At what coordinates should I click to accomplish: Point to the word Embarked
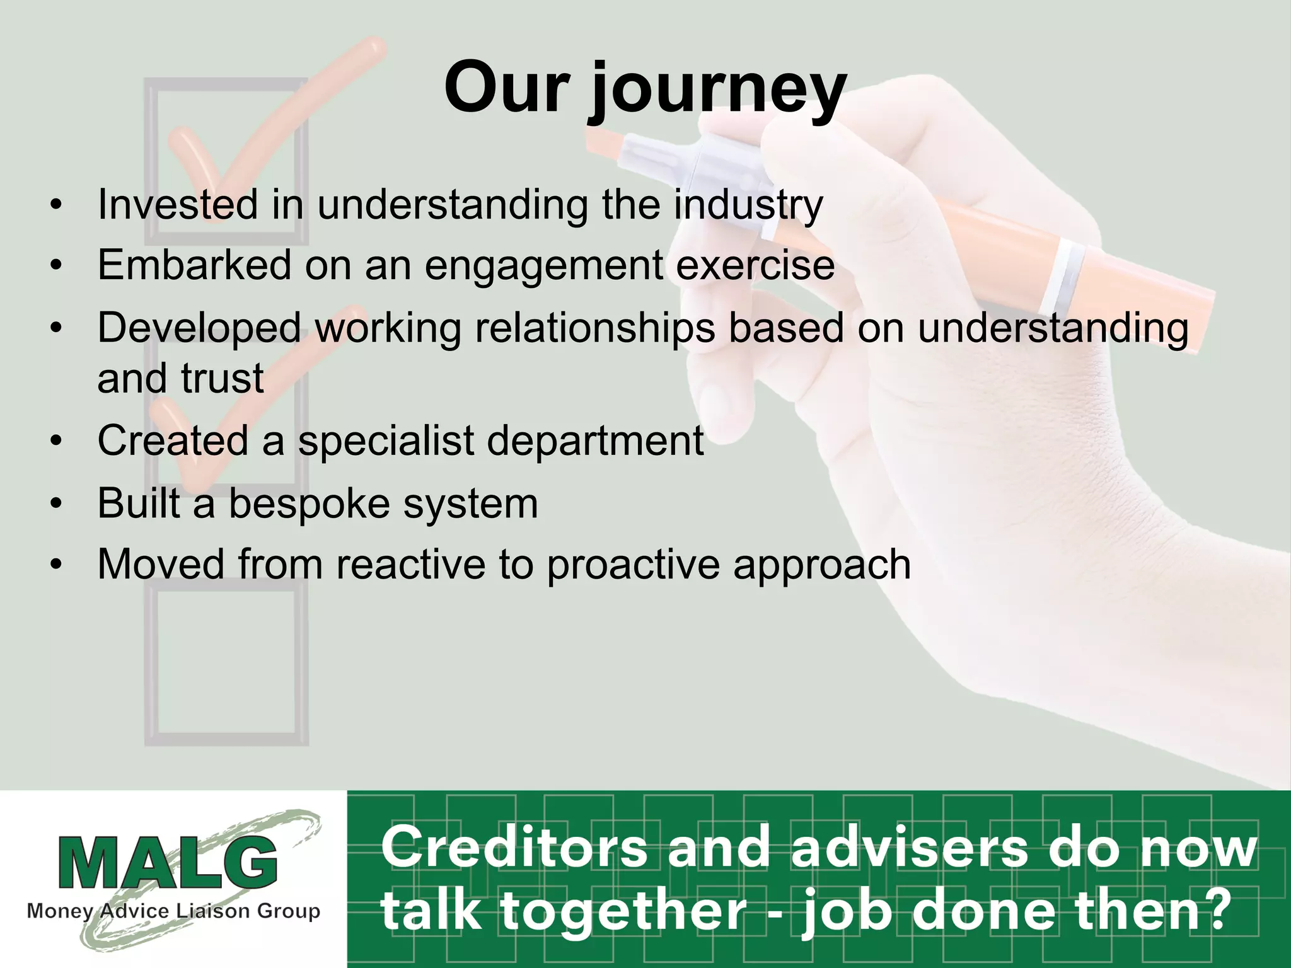tap(194, 265)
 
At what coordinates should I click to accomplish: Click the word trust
tap(222, 378)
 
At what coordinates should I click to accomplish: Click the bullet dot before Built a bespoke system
tap(57, 504)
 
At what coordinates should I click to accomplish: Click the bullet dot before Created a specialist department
tap(57, 441)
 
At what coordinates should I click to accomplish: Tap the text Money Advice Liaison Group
tap(173, 911)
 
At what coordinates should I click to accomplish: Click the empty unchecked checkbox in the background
tap(226, 662)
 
